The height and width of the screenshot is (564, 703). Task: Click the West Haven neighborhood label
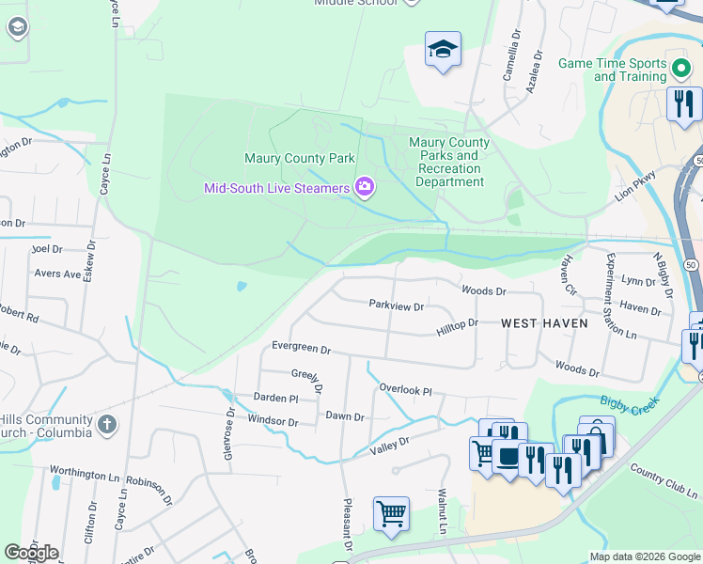(544, 323)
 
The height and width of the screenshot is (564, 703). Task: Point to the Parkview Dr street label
(396, 305)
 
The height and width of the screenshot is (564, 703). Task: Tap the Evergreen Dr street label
(301, 349)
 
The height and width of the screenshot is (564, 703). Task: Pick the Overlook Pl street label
(405, 389)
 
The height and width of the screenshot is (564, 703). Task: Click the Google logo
(31, 553)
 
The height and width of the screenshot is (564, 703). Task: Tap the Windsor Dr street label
(273, 422)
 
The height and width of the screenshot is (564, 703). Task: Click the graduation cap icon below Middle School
(443, 50)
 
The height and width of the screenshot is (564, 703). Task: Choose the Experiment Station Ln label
(621, 297)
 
